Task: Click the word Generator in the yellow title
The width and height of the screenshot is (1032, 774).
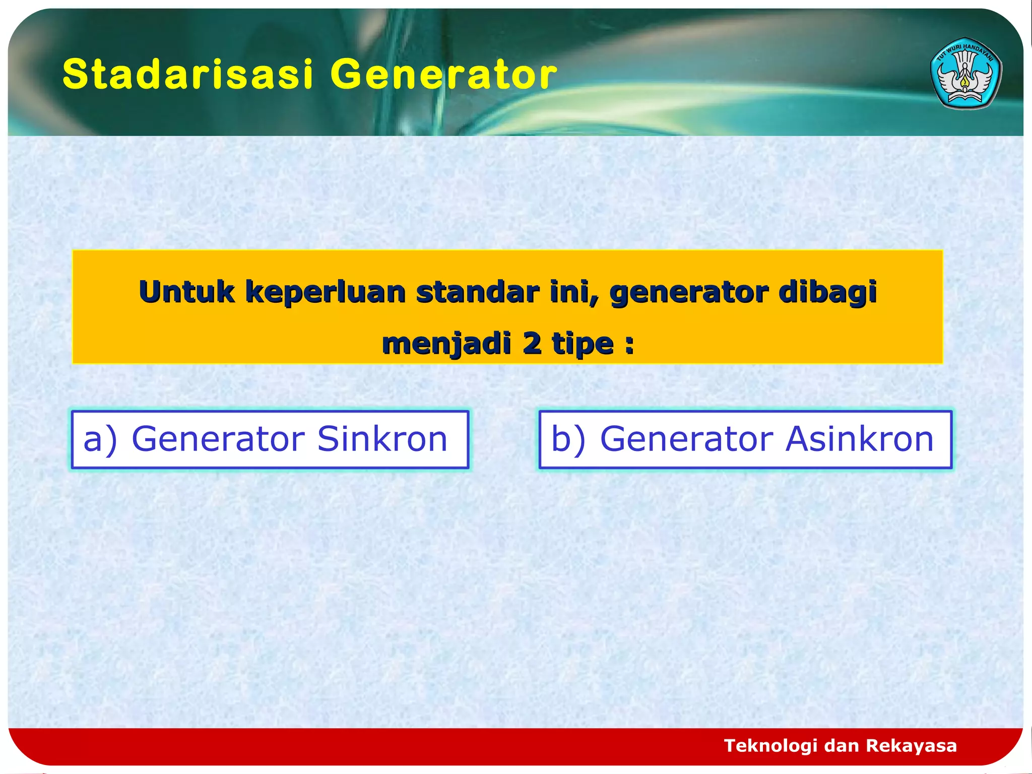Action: click(x=443, y=74)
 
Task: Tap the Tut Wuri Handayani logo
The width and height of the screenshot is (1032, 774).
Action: click(x=965, y=74)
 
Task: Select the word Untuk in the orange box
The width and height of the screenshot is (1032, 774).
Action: click(x=186, y=292)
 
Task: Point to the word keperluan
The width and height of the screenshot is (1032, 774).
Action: click(x=326, y=293)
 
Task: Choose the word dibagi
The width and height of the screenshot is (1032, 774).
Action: click(x=827, y=293)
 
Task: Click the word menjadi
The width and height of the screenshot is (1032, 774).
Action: click(x=446, y=344)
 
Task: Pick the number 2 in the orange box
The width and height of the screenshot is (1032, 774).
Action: click(x=532, y=344)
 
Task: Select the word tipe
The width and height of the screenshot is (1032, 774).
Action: click(x=583, y=344)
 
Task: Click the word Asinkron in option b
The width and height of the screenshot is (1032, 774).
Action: click(x=860, y=438)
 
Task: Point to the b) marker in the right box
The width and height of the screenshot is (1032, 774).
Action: click(x=568, y=438)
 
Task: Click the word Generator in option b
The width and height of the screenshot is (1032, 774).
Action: click(x=686, y=438)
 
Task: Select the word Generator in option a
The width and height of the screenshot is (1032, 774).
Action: click(x=218, y=438)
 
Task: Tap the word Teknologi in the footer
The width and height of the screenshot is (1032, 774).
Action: click(x=770, y=745)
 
